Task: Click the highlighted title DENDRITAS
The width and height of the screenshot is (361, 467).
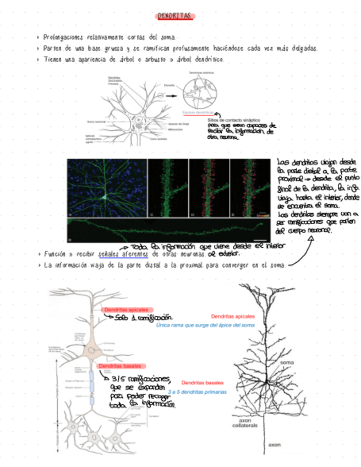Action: click(x=174, y=17)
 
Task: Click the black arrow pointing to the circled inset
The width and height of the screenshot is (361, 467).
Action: click(x=171, y=95)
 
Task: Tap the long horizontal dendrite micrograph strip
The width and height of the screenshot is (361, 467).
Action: click(x=165, y=229)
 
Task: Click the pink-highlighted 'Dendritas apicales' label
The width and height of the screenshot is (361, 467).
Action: click(x=125, y=310)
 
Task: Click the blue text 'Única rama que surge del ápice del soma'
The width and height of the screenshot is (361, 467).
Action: click(x=205, y=325)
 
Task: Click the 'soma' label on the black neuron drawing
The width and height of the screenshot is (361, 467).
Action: click(x=287, y=363)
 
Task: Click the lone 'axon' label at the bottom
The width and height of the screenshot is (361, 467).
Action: click(x=274, y=444)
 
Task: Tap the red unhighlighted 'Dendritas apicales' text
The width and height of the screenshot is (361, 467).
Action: click(x=233, y=317)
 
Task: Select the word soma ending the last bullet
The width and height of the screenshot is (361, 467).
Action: click(x=278, y=265)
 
